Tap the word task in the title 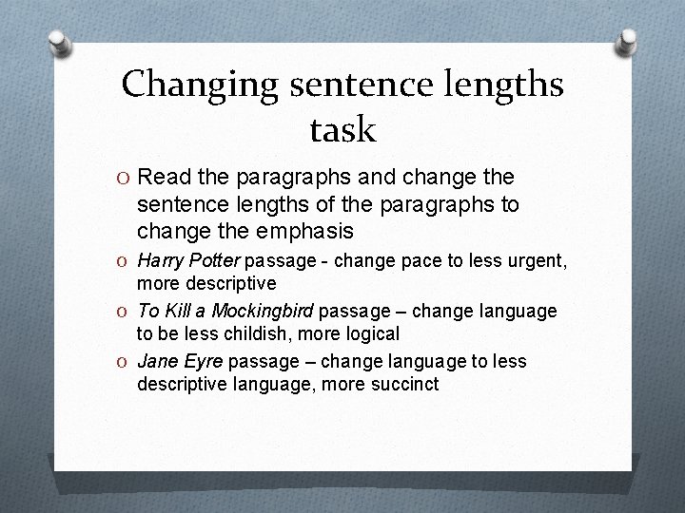pos(342,128)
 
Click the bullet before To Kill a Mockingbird pos(126,312)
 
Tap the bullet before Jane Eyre pos(126,363)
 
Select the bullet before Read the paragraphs pos(126,178)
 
